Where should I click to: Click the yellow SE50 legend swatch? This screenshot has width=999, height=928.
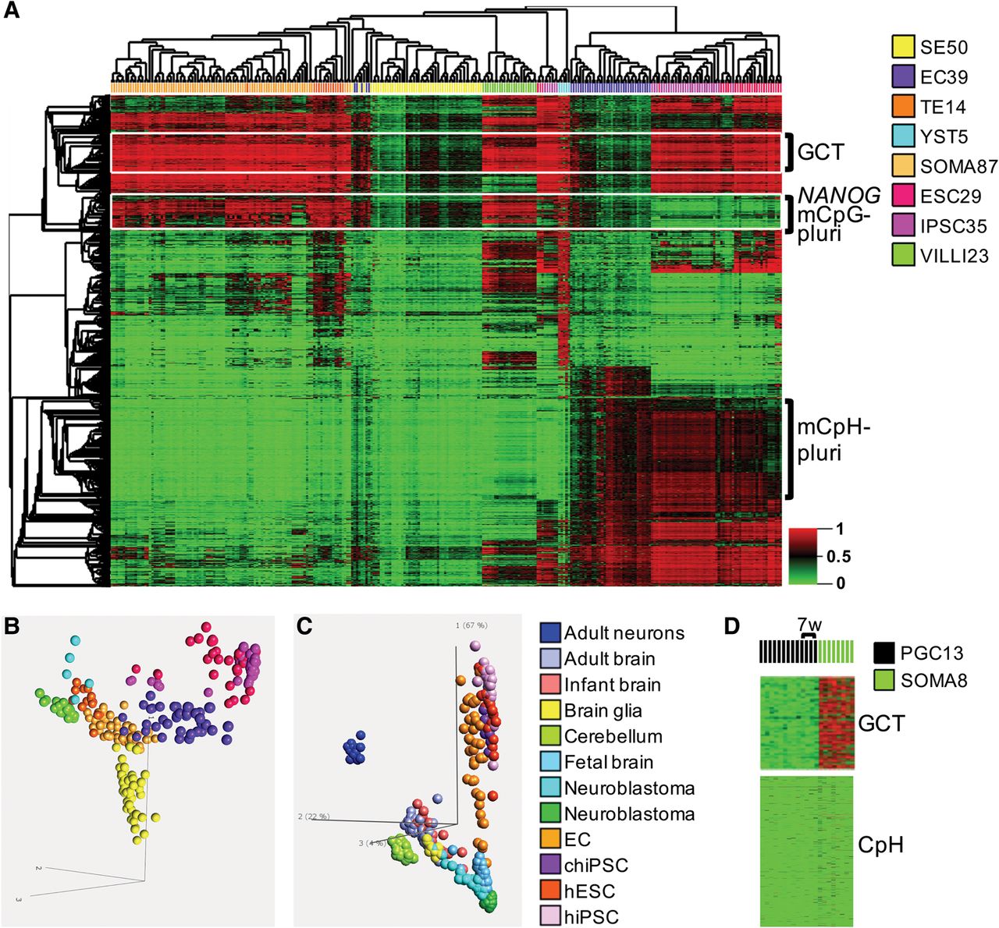(903, 47)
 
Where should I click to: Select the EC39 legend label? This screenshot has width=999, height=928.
(944, 77)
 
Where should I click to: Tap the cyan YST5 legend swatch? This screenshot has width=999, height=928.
(903, 136)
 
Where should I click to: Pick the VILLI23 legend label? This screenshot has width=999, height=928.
(955, 256)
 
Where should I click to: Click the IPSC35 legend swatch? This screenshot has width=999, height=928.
(903, 226)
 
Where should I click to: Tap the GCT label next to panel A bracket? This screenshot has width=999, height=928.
(821, 152)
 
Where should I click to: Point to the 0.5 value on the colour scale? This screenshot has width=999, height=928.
(839, 557)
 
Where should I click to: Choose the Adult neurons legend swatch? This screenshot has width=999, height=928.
(550, 633)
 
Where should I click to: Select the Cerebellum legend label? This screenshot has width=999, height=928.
(613, 736)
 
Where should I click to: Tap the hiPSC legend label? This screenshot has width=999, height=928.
(592, 916)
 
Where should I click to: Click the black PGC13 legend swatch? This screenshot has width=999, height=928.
(884, 652)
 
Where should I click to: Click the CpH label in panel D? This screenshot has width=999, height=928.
(880, 844)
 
